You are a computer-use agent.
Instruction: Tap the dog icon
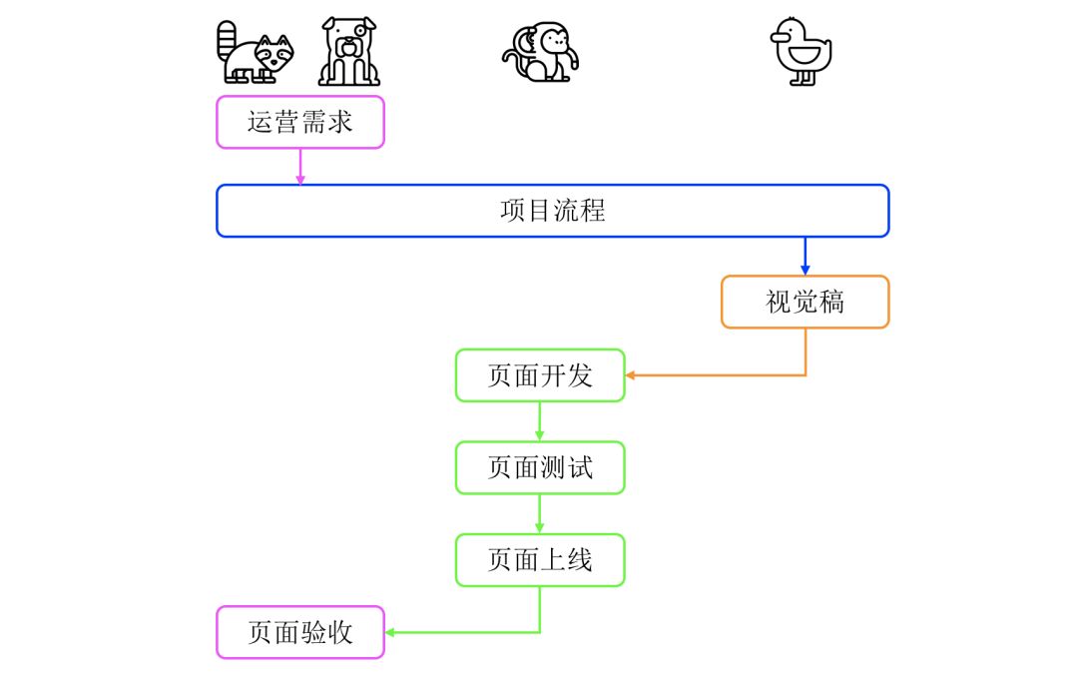[x=349, y=52]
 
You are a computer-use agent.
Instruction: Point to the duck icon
[x=802, y=53]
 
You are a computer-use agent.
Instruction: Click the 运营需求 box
[x=300, y=123]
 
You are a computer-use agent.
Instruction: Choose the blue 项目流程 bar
[x=552, y=211]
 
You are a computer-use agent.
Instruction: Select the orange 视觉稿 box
[x=805, y=302]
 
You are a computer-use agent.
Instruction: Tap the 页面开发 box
[x=540, y=375]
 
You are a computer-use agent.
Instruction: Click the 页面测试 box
[x=540, y=467]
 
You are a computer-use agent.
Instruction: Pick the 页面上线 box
[x=540, y=560]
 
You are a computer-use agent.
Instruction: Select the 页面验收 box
[x=300, y=632]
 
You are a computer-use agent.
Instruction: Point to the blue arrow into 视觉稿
[x=806, y=257]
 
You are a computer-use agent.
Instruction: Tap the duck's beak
[x=777, y=37]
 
